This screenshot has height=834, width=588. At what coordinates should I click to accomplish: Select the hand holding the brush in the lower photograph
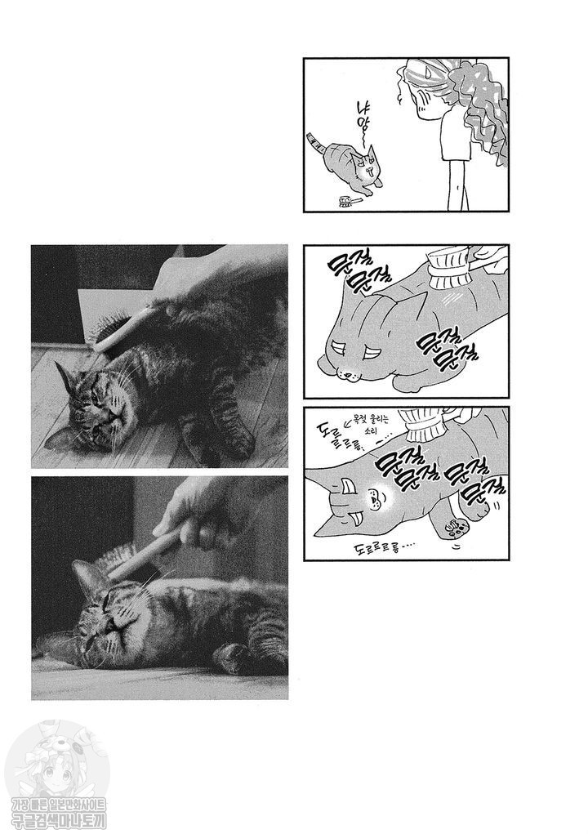(192, 511)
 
